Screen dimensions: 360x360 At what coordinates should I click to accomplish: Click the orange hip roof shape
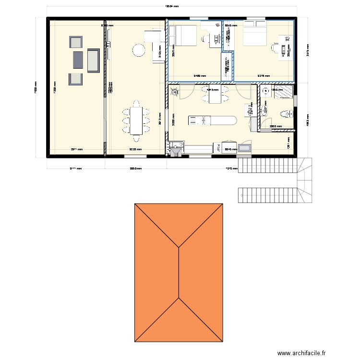(x=179, y=273)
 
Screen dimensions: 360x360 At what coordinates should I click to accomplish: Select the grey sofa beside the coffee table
(x=94, y=60)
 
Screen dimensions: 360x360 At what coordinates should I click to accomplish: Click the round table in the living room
(x=139, y=49)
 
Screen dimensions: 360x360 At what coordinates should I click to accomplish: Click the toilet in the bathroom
(x=287, y=114)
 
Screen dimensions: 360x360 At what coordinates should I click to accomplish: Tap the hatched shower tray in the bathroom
(x=284, y=91)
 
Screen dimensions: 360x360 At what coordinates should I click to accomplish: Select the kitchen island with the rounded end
(x=212, y=120)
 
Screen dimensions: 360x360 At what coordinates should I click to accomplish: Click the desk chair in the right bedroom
(x=276, y=48)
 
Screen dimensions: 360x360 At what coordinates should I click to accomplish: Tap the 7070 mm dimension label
(x=232, y=168)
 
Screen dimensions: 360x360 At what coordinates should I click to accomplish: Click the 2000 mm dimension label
(x=276, y=127)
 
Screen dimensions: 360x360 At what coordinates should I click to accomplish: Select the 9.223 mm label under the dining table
(x=135, y=149)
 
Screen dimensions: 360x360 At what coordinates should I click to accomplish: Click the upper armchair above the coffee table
(x=76, y=42)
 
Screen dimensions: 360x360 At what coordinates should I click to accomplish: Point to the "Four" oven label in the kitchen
(x=217, y=147)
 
